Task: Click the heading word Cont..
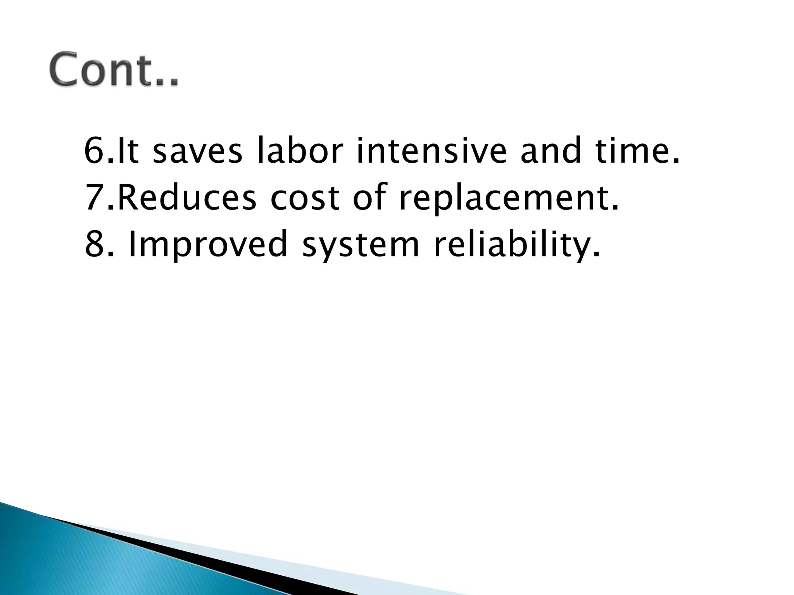pyautogui.click(x=114, y=70)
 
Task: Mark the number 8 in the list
pyautogui.click(x=94, y=244)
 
